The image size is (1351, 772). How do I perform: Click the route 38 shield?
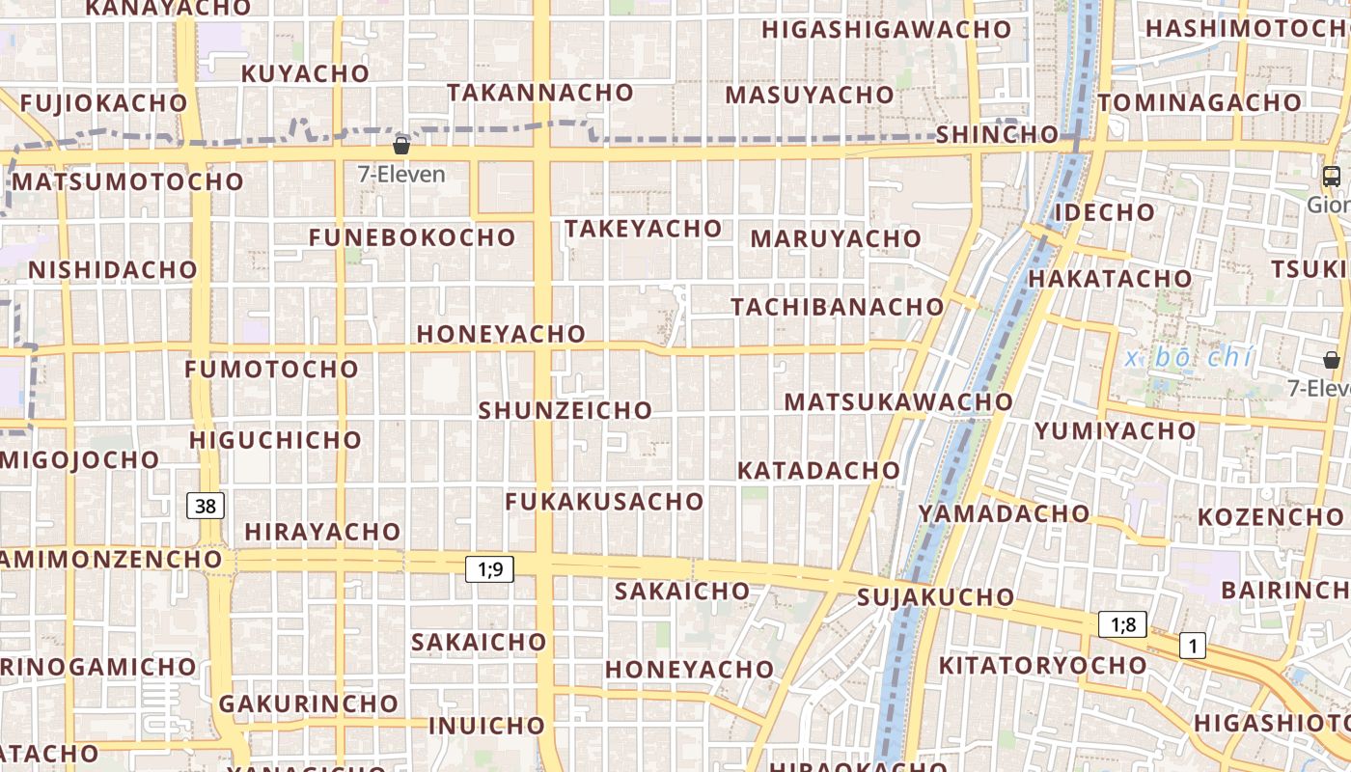[x=205, y=506]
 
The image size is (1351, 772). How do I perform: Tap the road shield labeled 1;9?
[x=490, y=569]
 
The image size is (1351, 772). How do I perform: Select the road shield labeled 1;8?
[x=1123, y=625]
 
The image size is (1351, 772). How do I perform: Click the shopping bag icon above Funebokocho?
[x=401, y=146]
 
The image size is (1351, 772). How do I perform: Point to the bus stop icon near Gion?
[x=1331, y=177]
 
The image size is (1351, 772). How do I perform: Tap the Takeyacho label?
[x=644, y=229]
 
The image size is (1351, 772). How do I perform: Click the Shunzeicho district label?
[x=565, y=410]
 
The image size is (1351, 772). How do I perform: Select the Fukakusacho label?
[x=604, y=502]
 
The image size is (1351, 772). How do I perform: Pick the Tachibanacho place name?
[x=838, y=307]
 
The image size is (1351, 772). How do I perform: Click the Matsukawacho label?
[x=898, y=401]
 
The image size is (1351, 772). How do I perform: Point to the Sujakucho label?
[x=936, y=597]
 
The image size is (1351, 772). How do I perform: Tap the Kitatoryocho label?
[x=1042, y=665]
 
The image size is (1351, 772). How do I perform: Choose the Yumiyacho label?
[x=1115, y=430]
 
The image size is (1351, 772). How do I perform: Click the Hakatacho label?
[x=1110, y=279]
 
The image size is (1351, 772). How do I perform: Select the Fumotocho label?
[x=272, y=369]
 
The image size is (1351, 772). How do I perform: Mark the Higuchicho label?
[x=275, y=440]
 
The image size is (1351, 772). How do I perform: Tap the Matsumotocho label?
[x=128, y=181]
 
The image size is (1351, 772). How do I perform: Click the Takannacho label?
[x=540, y=93]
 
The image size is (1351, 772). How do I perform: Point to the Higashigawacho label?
[x=886, y=30]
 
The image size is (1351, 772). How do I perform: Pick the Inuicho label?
[x=487, y=726]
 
